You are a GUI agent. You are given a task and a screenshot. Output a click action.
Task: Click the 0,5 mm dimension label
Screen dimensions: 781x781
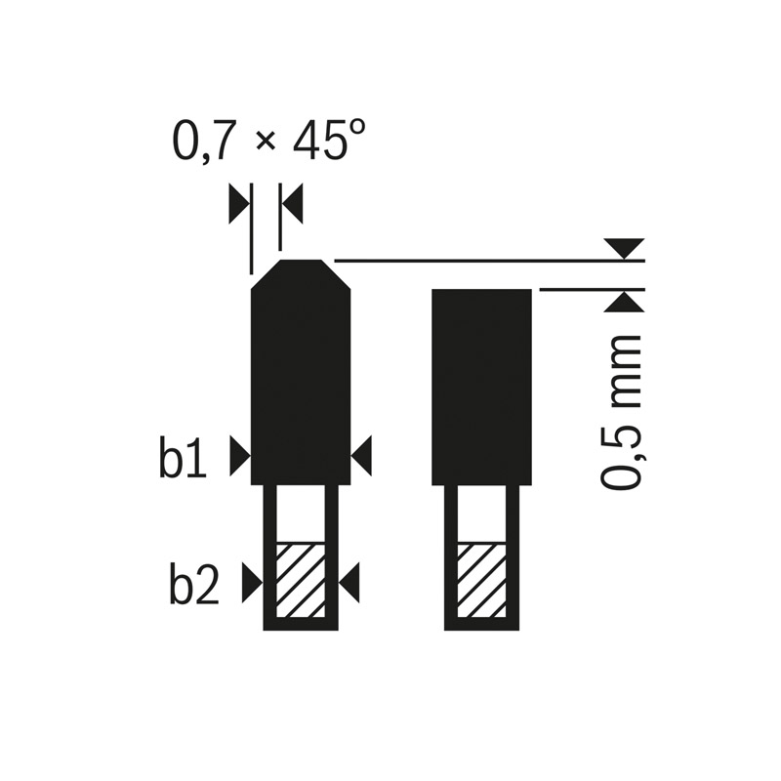point(621,411)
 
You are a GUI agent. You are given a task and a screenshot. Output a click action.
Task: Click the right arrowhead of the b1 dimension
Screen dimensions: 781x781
point(363,455)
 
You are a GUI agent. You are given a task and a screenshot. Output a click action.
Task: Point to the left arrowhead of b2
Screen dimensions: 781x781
point(252,584)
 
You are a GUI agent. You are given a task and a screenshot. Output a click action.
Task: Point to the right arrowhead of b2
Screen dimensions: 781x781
point(350,584)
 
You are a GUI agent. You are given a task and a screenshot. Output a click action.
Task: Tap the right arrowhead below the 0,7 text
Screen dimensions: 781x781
point(293,204)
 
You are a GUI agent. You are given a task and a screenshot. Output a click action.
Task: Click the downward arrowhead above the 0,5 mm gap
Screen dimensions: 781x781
point(623,248)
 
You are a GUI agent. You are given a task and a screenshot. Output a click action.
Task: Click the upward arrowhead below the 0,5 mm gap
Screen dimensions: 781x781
point(623,302)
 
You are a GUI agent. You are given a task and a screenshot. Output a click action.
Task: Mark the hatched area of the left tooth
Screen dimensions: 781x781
point(301,578)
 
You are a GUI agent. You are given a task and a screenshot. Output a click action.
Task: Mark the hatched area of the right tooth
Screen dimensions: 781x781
point(481,578)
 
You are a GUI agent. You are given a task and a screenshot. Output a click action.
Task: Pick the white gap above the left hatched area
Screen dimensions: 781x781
point(301,513)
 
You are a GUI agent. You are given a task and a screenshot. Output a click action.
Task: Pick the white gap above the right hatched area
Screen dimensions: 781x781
point(481,513)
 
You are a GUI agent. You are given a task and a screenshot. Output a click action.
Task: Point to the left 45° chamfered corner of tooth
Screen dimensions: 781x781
point(266,275)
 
